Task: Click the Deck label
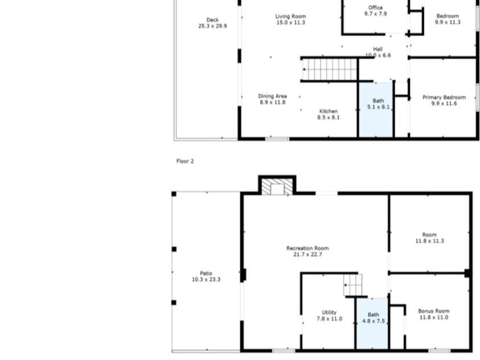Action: coord(212,20)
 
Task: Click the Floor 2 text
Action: coord(185,161)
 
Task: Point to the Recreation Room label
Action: coord(307,248)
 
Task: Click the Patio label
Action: coord(206,274)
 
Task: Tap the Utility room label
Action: coord(329,312)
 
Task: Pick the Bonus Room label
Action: coord(434,311)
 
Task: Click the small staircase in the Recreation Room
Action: coord(353,284)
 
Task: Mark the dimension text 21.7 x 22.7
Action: coord(307,255)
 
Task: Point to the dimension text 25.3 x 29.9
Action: coord(212,26)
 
